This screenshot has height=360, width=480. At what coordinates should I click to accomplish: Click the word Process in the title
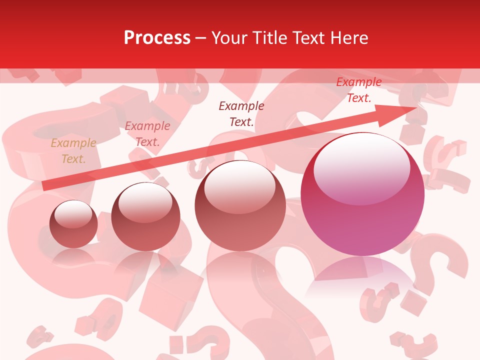(157, 38)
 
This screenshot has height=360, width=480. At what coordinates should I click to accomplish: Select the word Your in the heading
(230, 38)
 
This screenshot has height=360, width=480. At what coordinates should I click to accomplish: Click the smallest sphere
(73, 224)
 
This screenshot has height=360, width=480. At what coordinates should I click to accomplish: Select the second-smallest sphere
(145, 216)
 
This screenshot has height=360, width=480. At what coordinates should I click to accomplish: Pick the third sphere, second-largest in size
(240, 205)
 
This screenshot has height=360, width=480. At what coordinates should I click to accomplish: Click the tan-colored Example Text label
(73, 151)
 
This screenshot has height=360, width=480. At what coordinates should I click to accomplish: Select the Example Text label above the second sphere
(147, 134)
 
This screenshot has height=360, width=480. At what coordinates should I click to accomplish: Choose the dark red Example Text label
(241, 113)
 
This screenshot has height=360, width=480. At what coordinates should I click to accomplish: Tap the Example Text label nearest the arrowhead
(358, 90)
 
